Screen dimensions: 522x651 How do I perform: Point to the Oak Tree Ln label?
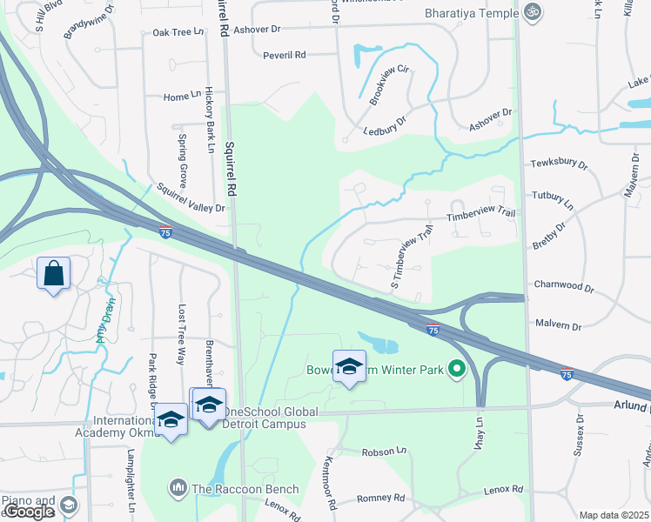(x=178, y=32)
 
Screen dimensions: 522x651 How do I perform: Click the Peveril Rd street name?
(x=285, y=55)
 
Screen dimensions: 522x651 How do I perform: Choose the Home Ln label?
(x=181, y=97)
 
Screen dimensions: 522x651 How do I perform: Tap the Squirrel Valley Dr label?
(x=191, y=197)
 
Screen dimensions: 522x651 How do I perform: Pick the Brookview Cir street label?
(x=388, y=84)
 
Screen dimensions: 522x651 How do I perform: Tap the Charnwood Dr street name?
(x=563, y=285)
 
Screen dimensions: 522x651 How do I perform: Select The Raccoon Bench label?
(x=245, y=489)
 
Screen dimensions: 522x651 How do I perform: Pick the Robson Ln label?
(x=384, y=452)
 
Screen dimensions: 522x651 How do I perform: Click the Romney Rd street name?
(x=381, y=499)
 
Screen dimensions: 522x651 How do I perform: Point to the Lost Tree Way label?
(x=182, y=334)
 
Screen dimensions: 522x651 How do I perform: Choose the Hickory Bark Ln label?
(x=210, y=119)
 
